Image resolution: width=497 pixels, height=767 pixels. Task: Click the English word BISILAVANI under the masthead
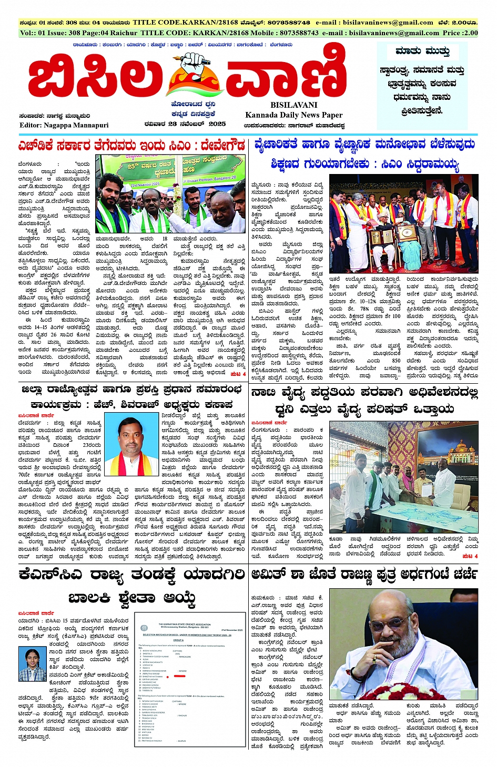pyautogui.click(x=294, y=105)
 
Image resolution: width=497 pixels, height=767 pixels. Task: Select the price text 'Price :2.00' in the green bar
pyautogui.click(x=460, y=33)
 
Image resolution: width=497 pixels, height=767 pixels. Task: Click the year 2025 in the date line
pyautogui.click(x=217, y=124)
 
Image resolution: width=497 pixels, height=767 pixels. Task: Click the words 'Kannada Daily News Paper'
pyautogui.click(x=293, y=115)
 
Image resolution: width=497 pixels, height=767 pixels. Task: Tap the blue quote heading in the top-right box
pyautogui.click(x=422, y=52)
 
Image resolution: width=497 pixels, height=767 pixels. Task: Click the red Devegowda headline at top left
pyautogui.click(x=131, y=145)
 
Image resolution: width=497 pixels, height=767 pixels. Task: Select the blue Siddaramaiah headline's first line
pyautogui.click(x=364, y=145)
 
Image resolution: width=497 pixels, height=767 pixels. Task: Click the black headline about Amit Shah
pyautogui.click(x=364, y=574)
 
